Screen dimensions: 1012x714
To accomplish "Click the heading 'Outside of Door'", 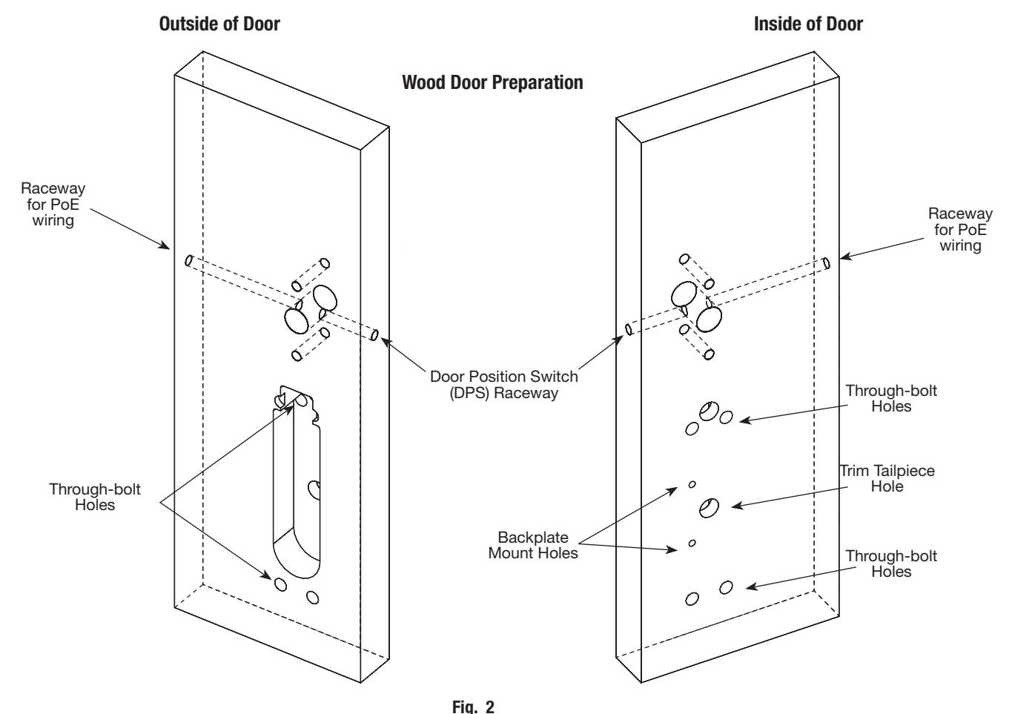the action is pyautogui.click(x=219, y=24).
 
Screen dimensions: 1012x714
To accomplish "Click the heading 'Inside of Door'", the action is pyautogui.click(x=808, y=24).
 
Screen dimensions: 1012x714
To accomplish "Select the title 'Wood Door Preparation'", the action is pyautogui.click(x=492, y=83).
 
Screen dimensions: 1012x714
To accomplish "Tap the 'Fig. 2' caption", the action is pyautogui.click(x=474, y=707).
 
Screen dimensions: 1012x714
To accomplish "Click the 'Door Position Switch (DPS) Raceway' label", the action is pyautogui.click(x=503, y=385).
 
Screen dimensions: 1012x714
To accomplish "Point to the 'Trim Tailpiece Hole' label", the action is pyautogui.click(x=887, y=478).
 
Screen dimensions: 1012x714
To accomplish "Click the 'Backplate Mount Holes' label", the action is pyautogui.click(x=533, y=545).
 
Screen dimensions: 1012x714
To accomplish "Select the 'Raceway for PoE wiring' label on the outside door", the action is pyautogui.click(x=53, y=204).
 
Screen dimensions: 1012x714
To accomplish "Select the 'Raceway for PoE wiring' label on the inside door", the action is pyautogui.click(x=960, y=230).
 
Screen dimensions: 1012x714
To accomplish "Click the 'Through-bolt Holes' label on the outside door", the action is pyautogui.click(x=95, y=497).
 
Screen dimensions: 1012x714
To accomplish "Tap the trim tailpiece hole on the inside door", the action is pyautogui.click(x=709, y=508).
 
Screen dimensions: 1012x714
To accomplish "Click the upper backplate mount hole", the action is pyautogui.click(x=692, y=484).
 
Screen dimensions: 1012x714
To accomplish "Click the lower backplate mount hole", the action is pyautogui.click(x=692, y=543).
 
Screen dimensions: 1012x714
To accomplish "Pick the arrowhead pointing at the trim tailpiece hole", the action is pyautogui.click(x=736, y=506).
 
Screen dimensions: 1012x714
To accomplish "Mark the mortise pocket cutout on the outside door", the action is pyautogui.click(x=297, y=483).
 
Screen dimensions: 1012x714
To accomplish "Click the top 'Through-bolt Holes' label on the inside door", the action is pyautogui.click(x=891, y=399).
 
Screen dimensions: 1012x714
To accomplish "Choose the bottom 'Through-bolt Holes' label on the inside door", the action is pyautogui.click(x=891, y=563).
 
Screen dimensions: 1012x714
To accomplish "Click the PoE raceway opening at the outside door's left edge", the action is pyautogui.click(x=189, y=261).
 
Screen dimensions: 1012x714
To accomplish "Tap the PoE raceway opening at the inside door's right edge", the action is pyautogui.click(x=827, y=263).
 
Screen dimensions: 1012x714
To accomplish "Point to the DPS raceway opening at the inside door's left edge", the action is pyautogui.click(x=629, y=329).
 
